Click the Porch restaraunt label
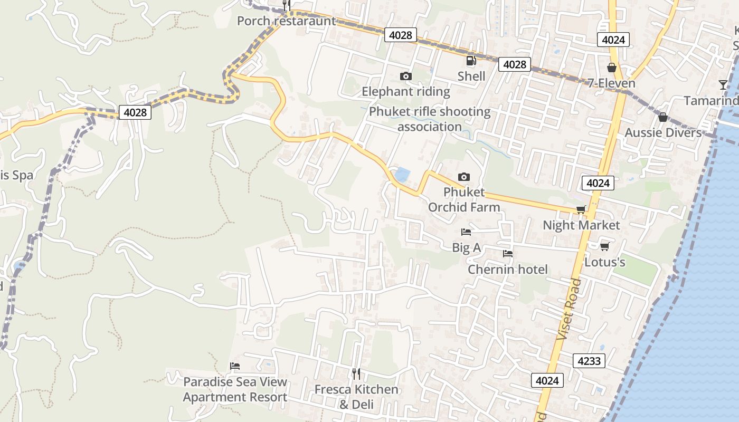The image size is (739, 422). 286,21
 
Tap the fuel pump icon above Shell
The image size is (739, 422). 471,61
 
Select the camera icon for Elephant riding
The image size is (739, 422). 405,76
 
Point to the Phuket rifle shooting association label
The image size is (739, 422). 429,119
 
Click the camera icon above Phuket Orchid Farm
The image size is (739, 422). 463,177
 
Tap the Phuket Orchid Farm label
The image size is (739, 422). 463,199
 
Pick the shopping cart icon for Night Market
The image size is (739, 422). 581,210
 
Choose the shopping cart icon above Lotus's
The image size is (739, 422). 605,246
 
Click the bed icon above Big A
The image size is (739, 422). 466,232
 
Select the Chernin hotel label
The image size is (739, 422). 508,270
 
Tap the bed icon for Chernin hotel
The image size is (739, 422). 508,254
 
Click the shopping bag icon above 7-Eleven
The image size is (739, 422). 612,68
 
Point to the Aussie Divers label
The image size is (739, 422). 663,132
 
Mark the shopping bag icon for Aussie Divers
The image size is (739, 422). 663,117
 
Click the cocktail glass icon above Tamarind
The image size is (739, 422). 723,84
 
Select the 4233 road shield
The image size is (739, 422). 589,361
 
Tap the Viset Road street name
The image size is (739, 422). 569,309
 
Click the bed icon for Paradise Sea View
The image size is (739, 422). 235,366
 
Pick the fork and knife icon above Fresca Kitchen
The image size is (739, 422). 356,374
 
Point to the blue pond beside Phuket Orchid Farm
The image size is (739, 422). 402,175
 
